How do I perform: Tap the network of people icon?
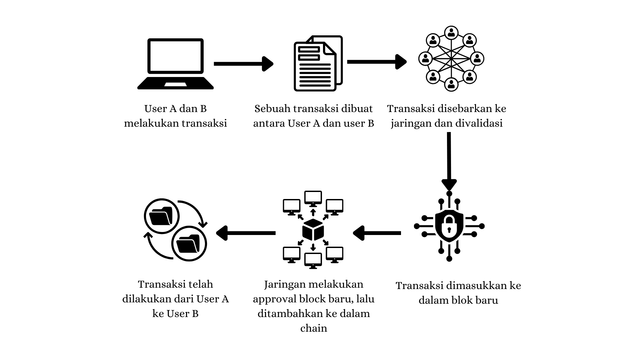click(x=449, y=62)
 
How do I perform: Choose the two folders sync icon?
click(x=175, y=231)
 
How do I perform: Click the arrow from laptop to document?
click(x=244, y=64)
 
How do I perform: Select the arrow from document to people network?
click(x=377, y=63)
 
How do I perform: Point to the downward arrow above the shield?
click(x=449, y=160)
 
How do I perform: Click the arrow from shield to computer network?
click(x=377, y=235)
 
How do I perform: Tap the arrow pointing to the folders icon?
click(x=247, y=235)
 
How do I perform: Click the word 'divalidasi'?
click(x=479, y=123)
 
